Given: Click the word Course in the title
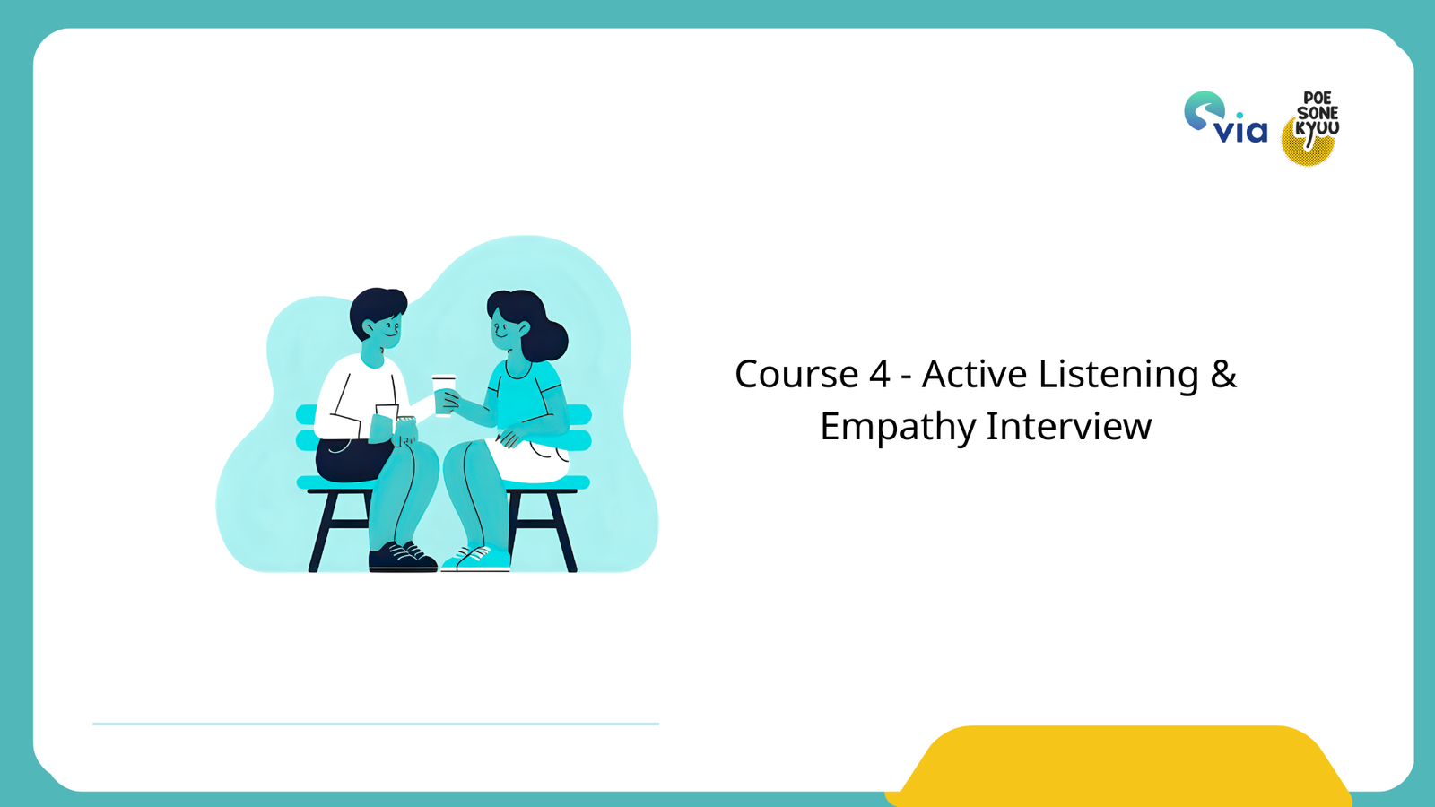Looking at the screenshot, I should [x=796, y=374].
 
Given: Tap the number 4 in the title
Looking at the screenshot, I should [x=879, y=374].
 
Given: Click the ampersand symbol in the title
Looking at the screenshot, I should [x=1223, y=374].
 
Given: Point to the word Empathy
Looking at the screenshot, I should [x=896, y=427].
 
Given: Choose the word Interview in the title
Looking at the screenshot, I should [x=1068, y=426].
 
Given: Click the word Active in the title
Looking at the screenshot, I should [x=974, y=374].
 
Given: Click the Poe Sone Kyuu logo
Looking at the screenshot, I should [x=1312, y=127].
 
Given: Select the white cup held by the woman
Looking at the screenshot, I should [x=444, y=394].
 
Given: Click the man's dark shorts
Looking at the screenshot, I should [x=350, y=458].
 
